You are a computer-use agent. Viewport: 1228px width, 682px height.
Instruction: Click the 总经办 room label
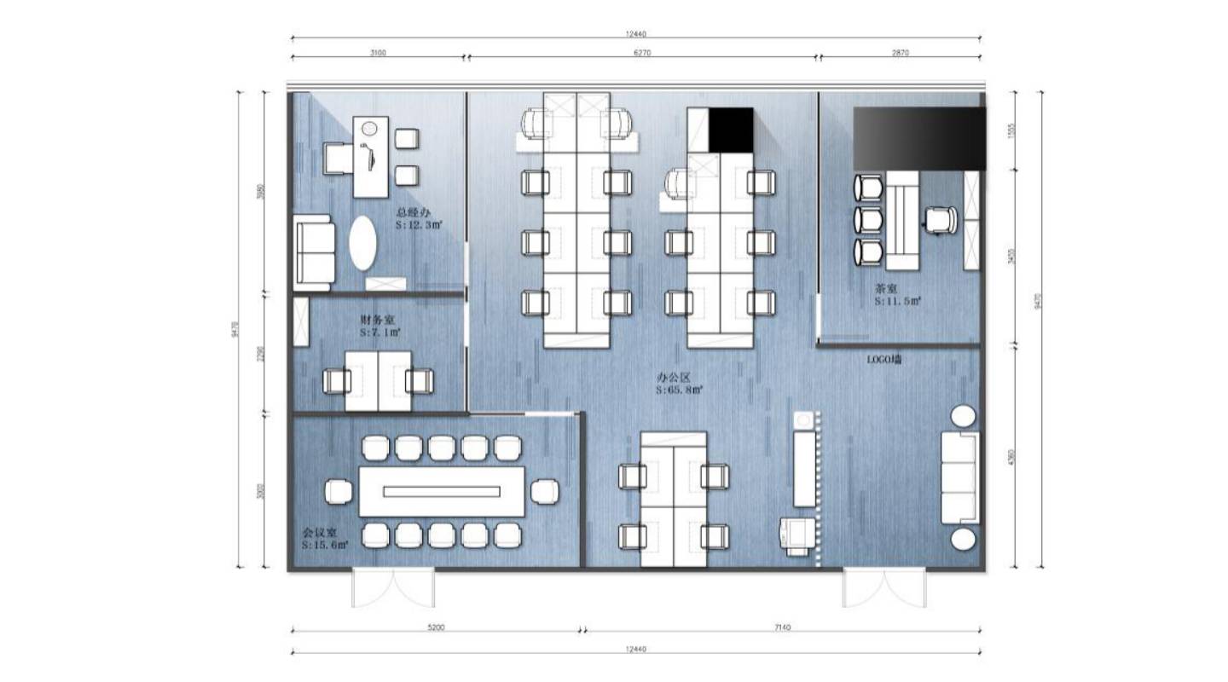412,212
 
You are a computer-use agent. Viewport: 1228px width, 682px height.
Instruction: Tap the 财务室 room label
376,320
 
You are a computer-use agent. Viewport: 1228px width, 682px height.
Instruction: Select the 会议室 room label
318,531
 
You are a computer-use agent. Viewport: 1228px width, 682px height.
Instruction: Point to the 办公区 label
673,376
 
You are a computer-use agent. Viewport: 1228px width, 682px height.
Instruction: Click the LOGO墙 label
884,361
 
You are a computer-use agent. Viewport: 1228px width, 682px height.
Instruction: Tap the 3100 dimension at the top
378,52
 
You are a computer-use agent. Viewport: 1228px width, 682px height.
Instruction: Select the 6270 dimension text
643,52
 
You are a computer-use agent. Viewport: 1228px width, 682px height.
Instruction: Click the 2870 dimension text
901,52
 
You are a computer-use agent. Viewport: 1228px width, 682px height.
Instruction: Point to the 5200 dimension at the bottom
435,627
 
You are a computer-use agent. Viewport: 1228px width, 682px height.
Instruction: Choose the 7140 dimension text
782,627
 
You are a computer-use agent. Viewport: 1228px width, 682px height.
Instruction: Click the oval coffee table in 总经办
362,243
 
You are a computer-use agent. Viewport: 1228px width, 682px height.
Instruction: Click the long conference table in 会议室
441,491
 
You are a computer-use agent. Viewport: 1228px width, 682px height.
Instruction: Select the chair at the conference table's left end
339,491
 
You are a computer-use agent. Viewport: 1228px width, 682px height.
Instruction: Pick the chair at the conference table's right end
544,491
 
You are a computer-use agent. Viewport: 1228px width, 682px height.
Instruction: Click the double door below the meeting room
393,588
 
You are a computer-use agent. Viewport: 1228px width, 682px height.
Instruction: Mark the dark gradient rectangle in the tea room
919,138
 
